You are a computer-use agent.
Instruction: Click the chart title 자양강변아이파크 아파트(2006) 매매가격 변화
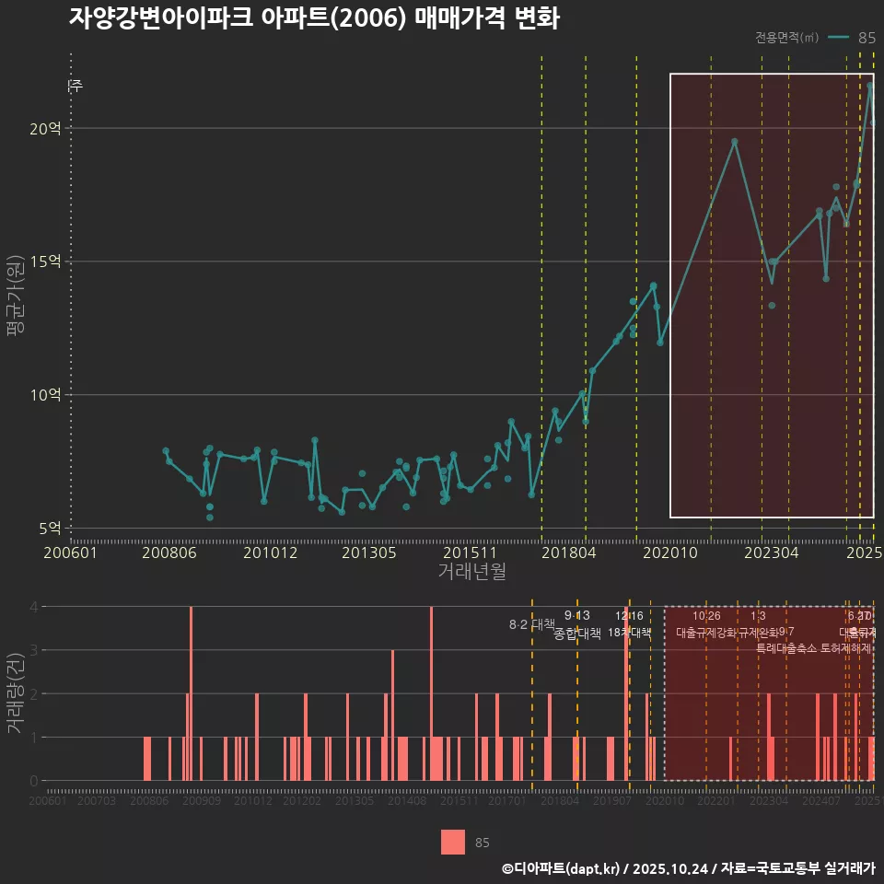(x=314, y=18)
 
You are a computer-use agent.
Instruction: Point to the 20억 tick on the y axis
(x=43, y=129)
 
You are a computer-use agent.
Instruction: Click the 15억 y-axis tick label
(x=43, y=262)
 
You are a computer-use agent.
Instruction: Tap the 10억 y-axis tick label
(x=43, y=395)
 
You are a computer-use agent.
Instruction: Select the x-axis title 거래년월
(x=471, y=572)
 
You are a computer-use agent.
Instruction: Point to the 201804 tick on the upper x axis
(x=567, y=552)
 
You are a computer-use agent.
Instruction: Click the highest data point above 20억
(x=870, y=86)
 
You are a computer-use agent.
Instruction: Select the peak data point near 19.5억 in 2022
(x=735, y=142)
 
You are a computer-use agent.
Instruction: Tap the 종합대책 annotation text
(x=577, y=634)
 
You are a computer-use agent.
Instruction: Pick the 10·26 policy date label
(x=706, y=616)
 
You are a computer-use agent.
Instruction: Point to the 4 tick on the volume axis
(x=33, y=607)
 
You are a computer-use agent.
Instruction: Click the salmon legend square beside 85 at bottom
(x=452, y=842)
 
